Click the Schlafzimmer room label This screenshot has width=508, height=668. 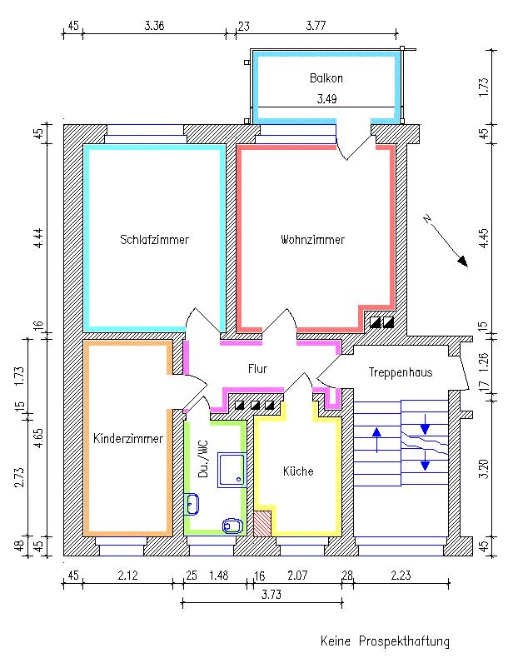(x=154, y=240)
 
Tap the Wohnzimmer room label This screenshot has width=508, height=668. (x=312, y=240)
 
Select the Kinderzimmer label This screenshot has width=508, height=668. (x=127, y=438)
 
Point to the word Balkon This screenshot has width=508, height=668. (x=326, y=78)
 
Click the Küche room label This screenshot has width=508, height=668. (x=298, y=471)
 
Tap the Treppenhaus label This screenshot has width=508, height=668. (x=401, y=372)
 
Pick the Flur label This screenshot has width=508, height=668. (x=257, y=368)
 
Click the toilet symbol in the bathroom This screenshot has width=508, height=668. (x=232, y=525)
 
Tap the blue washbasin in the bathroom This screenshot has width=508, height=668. (x=192, y=503)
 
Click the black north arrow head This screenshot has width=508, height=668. (x=462, y=261)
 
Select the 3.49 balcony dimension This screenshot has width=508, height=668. (x=326, y=99)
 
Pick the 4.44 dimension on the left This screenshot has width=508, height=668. (x=37, y=236)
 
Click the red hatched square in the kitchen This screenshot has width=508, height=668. (x=263, y=524)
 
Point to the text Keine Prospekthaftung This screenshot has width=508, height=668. (x=385, y=641)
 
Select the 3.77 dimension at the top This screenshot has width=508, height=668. (x=315, y=26)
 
